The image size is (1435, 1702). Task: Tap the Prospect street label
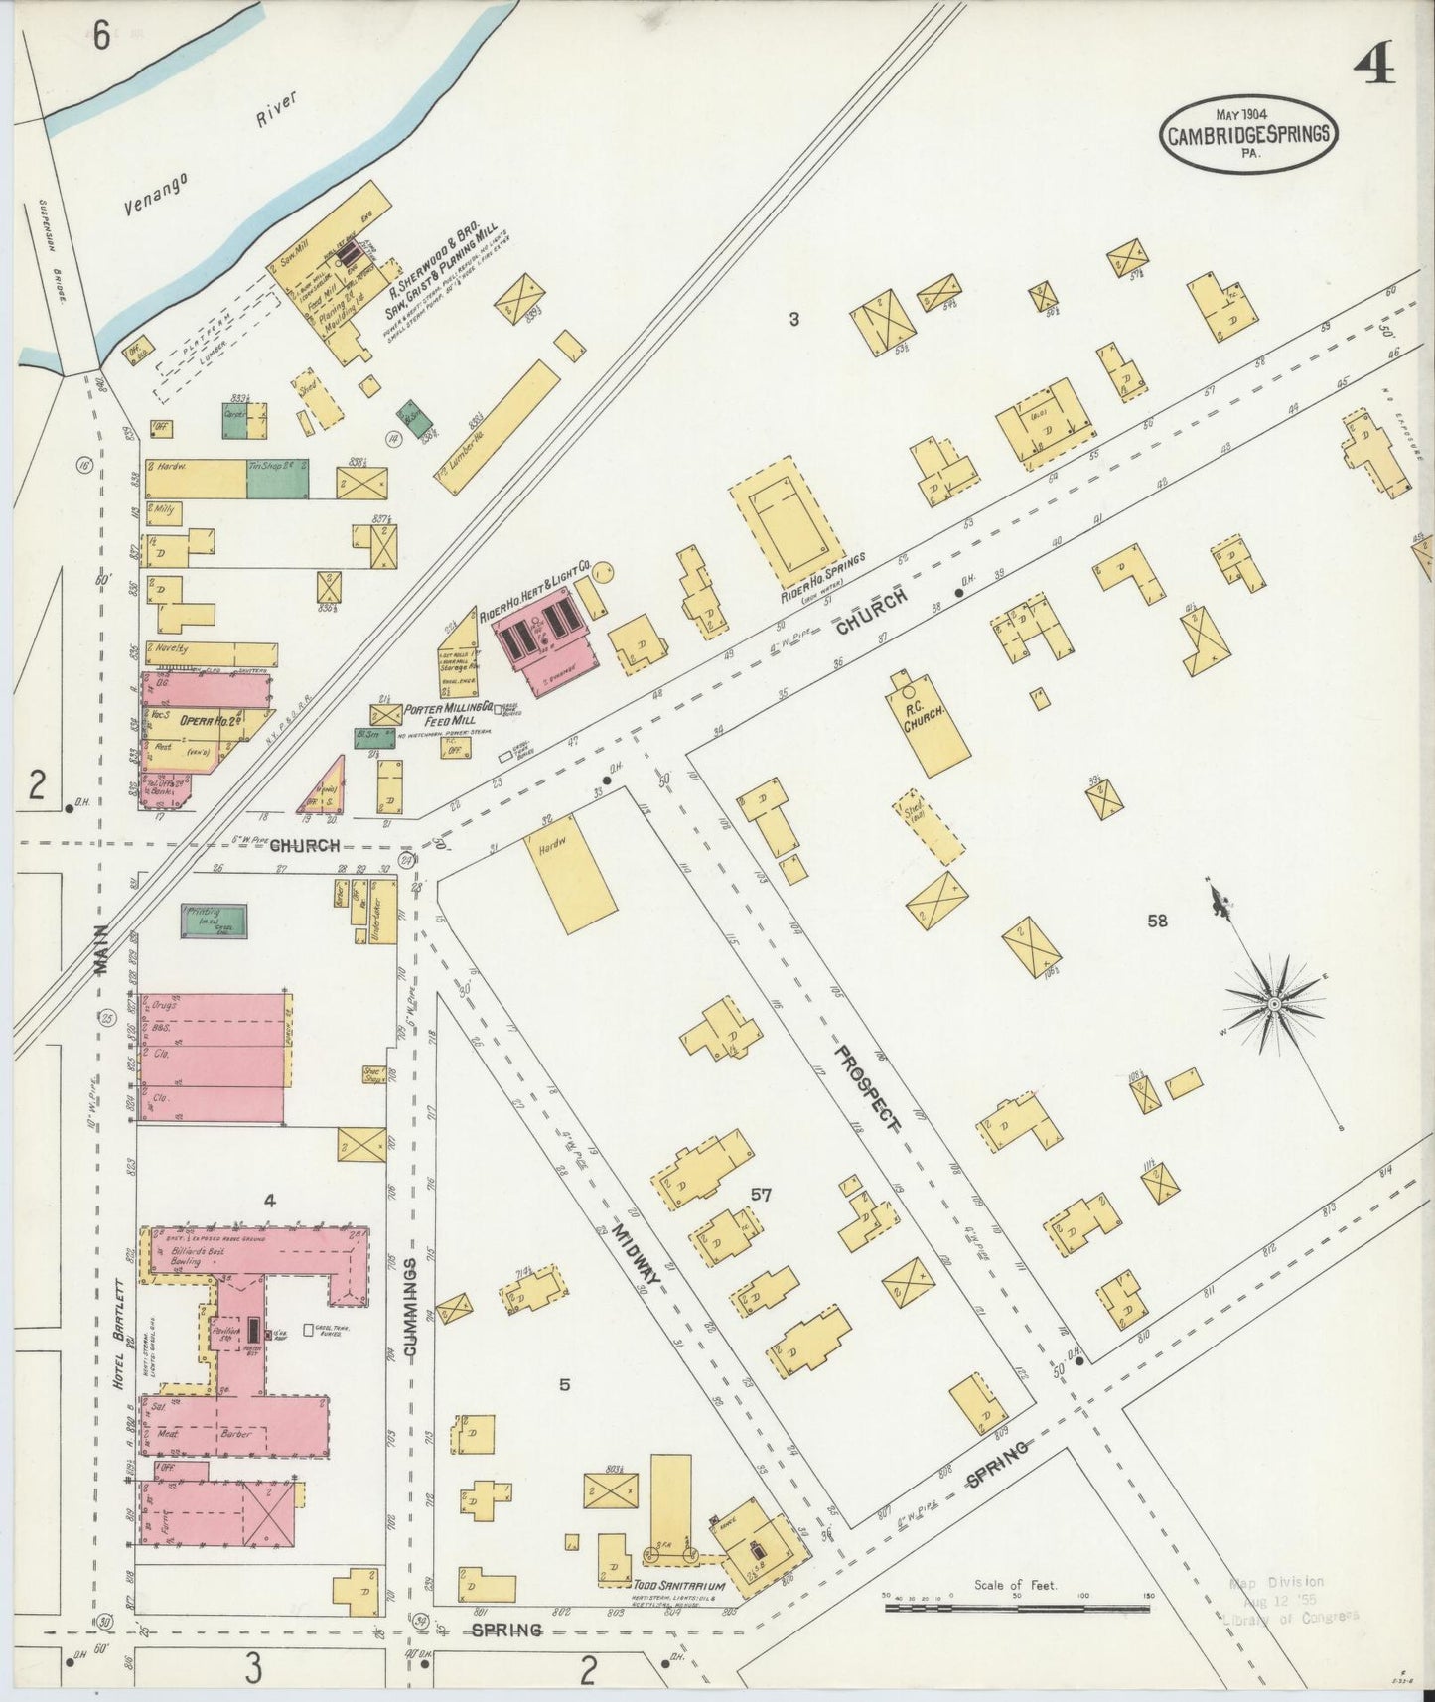pyautogui.click(x=866, y=1088)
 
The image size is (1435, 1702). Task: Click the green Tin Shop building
pyautogui.click(x=277, y=480)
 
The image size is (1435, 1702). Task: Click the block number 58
pyautogui.click(x=1157, y=921)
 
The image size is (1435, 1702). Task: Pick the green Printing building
pyautogui.click(x=214, y=922)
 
